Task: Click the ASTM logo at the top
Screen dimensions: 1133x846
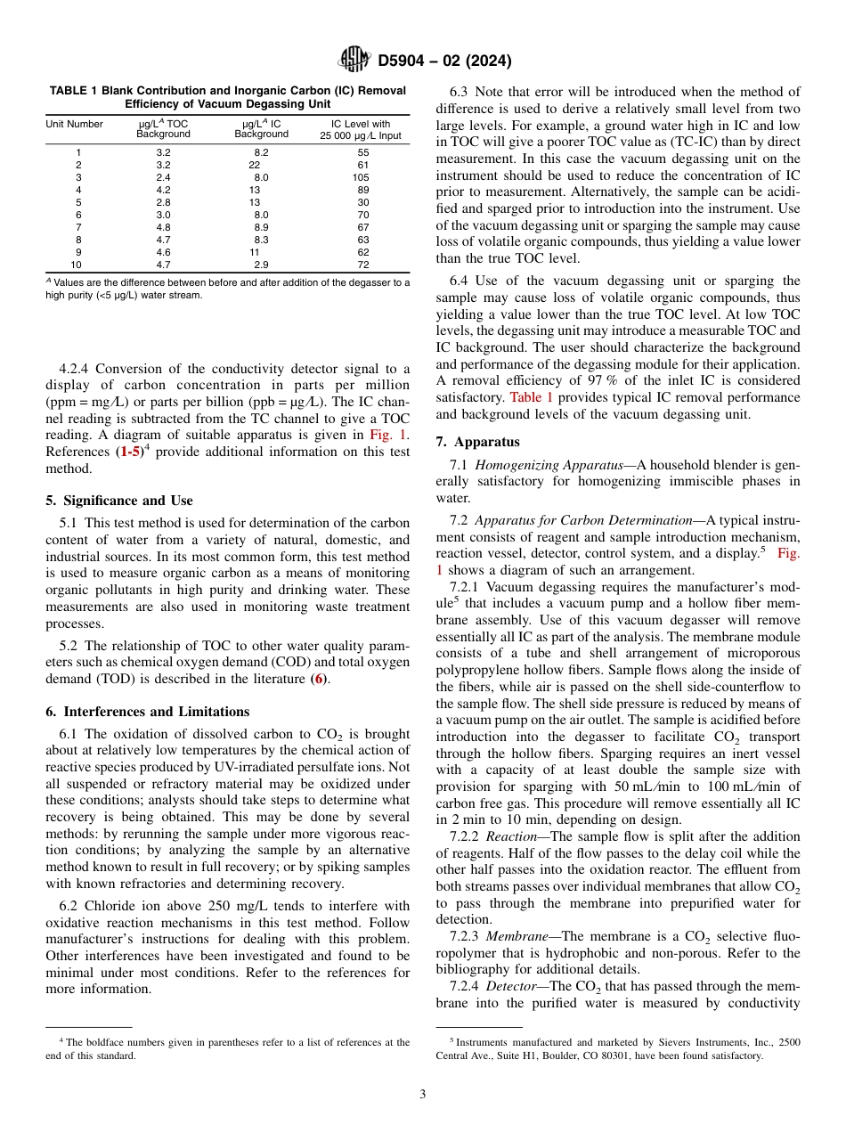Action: click(x=354, y=61)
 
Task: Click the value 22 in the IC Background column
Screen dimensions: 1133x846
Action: click(x=255, y=166)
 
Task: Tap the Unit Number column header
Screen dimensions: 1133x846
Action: click(x=75, y=124)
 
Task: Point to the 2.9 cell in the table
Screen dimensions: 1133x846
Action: click(x=261, y=265)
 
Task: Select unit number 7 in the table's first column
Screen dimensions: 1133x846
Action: click(x=77, y=228)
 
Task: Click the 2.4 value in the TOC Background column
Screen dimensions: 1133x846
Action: click(x=163, y=178)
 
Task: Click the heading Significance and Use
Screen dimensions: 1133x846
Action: click(x=118, y=501)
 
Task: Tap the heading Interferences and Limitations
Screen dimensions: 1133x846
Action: click(x=148, y=712)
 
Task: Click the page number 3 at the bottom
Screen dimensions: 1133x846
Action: click(x=423, y=1095)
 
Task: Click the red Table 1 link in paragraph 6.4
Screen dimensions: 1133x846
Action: click(x=530, y=397)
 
